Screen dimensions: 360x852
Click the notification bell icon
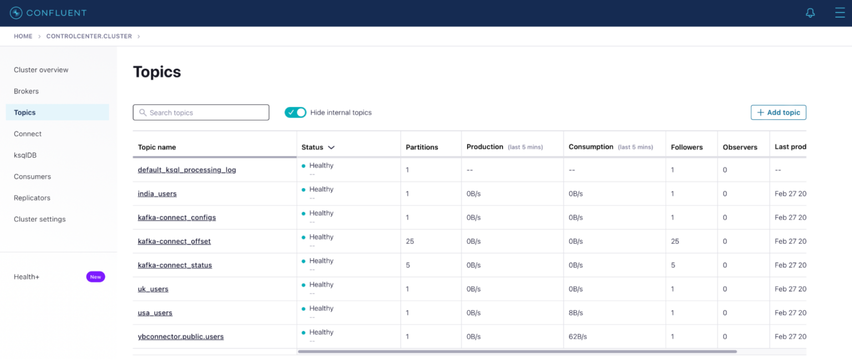click(810, 13)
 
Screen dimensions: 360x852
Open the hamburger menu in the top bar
click(840, 13)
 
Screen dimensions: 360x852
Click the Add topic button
click(778, 113)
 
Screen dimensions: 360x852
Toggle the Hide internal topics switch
click(295, 113)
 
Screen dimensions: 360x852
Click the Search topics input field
click(201, 113)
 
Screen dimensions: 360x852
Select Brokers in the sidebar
click(27, 91)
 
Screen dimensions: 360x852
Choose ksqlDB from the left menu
click(26, 155)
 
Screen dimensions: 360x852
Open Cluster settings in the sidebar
click(40, 219)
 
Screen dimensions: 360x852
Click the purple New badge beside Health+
click(95, 277)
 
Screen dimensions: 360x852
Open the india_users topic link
click(158, 194)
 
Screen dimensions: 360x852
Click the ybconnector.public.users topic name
click(181, 337)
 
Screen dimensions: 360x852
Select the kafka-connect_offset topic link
click(174, 241)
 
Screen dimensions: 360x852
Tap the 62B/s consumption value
click(578, 337)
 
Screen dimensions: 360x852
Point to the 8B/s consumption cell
click(576, 313)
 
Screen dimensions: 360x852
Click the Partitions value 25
click(410, 241)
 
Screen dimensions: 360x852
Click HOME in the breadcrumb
click(23, 36)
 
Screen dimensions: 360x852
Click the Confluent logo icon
click(16, 13)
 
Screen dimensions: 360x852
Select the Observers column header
click(740, 148)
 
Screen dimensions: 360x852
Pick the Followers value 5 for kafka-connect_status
click(673, 265)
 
